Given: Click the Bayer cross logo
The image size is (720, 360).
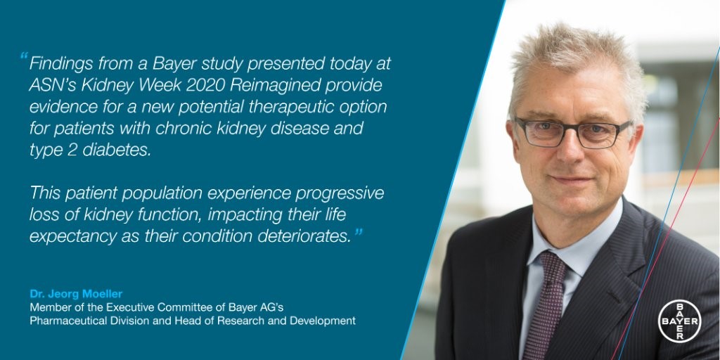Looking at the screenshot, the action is pyautogui.click(x=680, y=321).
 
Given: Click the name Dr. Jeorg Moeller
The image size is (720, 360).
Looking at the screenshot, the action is pyautogui.click(x=76, y=294).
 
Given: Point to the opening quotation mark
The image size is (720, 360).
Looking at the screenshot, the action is pyautogui.click(x=23, y=57).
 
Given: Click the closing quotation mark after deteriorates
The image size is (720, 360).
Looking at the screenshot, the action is pyautogui.click(x=358, y=233).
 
